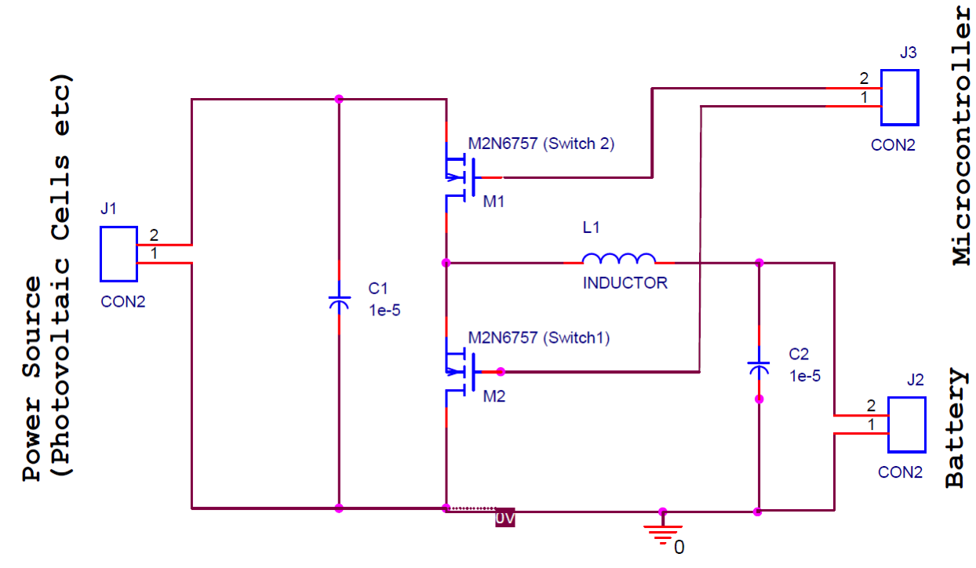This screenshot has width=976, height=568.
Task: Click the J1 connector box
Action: coord(118,254)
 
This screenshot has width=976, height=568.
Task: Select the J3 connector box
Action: coord(899,97)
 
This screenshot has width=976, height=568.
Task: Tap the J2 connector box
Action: coord(906,424)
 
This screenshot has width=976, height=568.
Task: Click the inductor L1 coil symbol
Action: coord(619,259)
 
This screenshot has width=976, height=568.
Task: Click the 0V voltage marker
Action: coord(504,519)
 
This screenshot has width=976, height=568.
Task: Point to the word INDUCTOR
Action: coord(625,283)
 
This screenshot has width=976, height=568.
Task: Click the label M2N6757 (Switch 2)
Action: coord(541,144)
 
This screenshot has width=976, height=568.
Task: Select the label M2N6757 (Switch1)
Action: coord(538,338)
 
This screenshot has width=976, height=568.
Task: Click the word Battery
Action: coord(955,428)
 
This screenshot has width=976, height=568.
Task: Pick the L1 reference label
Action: coord(591,228)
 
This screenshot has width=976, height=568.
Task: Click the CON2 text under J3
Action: coord(893,145)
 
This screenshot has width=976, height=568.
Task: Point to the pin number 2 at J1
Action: coord(154,235)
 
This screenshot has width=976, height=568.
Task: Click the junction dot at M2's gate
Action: coord(501,372)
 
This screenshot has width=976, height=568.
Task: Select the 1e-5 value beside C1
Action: coord(384,310)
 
